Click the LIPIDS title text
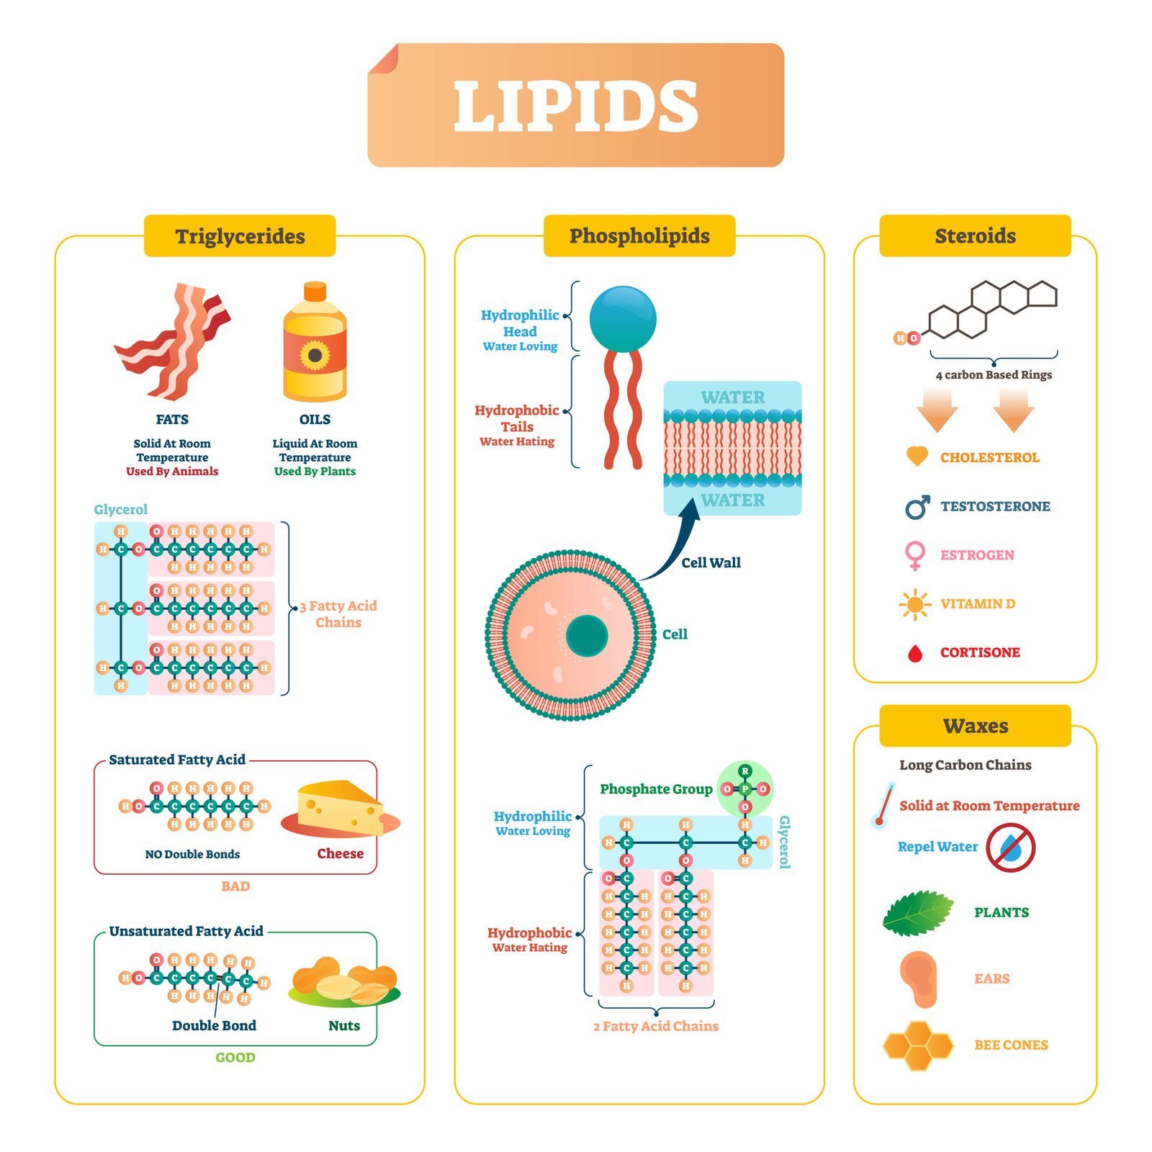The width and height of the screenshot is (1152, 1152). click(576, 106)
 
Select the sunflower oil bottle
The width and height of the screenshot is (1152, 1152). click(315, 349)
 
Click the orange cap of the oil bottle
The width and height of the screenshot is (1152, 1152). click(315, 291)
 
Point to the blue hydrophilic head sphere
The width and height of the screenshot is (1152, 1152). click(623, 319)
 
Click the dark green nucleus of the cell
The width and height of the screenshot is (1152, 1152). click(587, 635)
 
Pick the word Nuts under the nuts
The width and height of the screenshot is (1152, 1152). click(344, 1025)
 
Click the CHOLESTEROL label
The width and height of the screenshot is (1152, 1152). click(989, 458)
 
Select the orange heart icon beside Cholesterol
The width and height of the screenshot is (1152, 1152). click(917, 456)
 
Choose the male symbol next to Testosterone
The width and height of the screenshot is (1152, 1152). click(917, 508)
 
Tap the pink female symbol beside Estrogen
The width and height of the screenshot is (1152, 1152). click(915, 555)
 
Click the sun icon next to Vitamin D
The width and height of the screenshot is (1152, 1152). click(915, 604)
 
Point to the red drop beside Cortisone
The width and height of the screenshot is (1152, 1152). click(915, 653)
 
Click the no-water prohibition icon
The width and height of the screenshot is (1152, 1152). click(1011, 848)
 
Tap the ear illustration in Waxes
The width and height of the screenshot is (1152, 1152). click(919, 978)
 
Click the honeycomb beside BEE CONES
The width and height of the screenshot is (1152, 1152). click(917, 1045)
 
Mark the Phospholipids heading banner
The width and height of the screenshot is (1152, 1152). click(639, 235)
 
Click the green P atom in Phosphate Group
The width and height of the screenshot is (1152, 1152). click(745, 789)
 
